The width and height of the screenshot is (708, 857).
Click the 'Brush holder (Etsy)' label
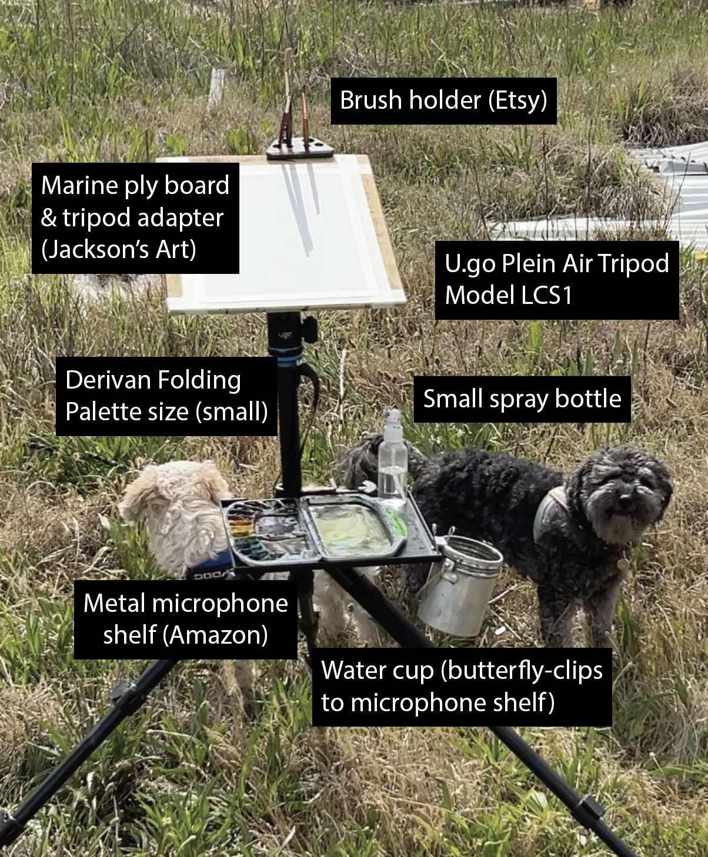[443, 101]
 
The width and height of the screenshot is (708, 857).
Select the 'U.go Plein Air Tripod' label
[557, 263]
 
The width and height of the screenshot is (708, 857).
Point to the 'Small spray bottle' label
[522, 399]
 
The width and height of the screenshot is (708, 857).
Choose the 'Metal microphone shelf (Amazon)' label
[186, 620]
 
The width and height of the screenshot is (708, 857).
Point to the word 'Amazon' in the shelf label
[216, 635]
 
